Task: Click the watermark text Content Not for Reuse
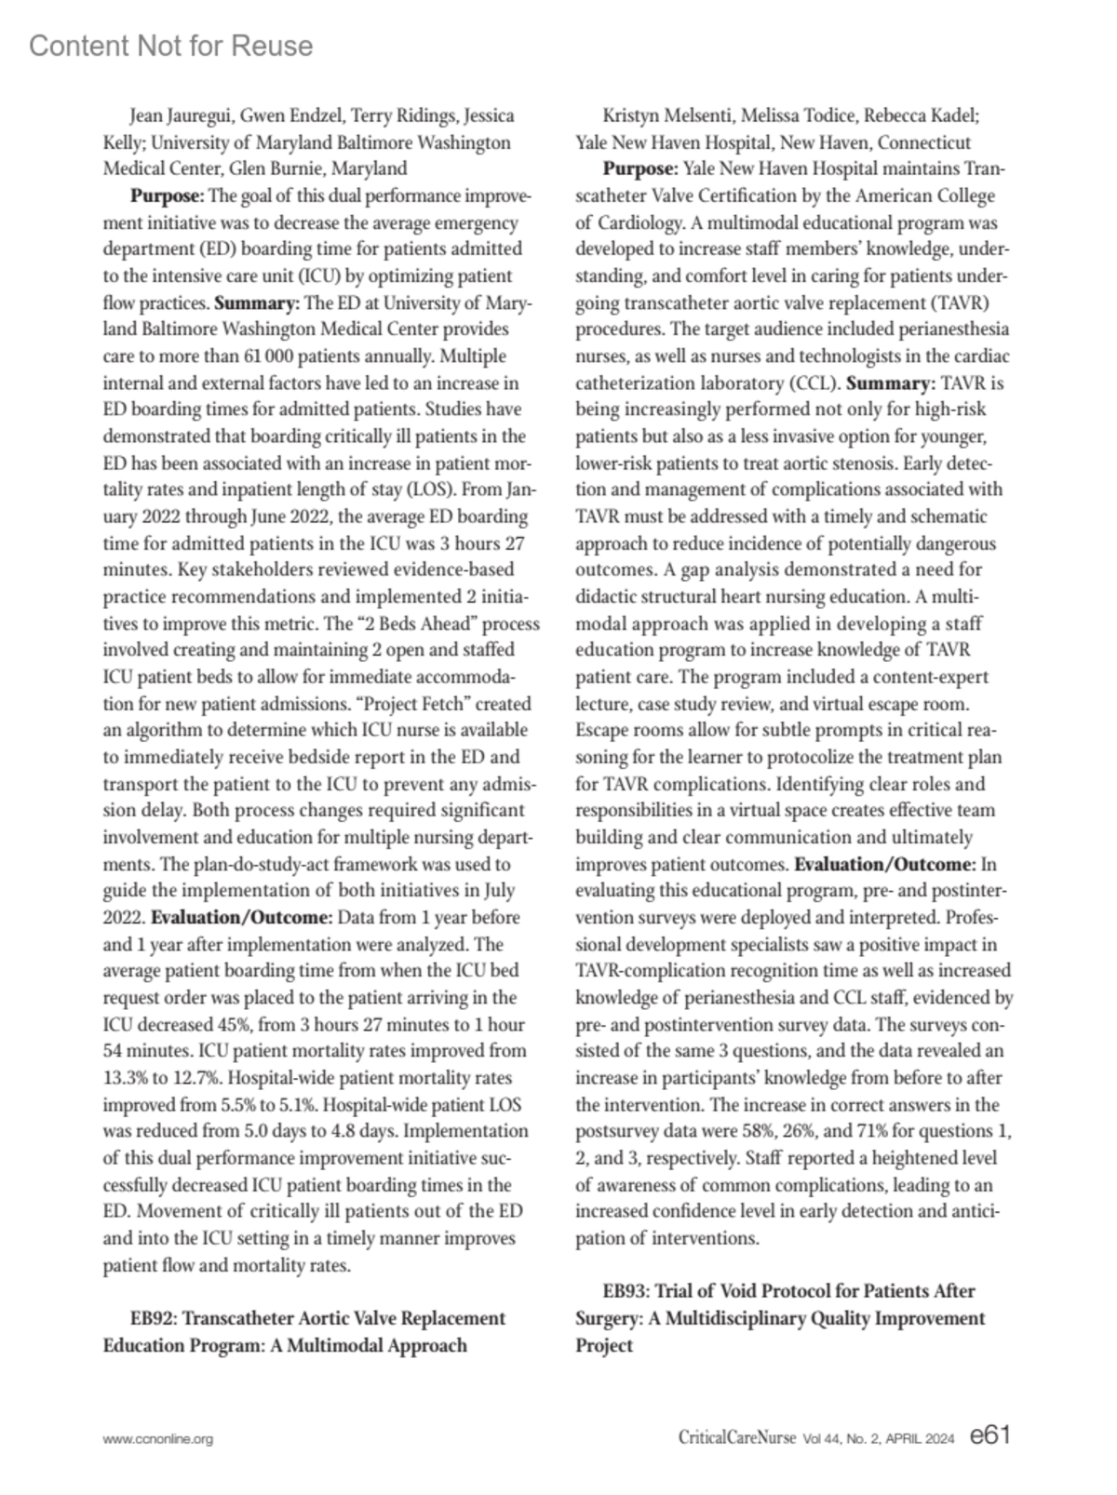[170, 46]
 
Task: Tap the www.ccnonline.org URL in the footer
[157, 1438]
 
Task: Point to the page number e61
[989, 1435]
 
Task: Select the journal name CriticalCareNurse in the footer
[736, 1438]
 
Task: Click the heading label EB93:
[626, 1291]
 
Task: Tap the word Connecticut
[924, 142]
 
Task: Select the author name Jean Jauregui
[181, 116]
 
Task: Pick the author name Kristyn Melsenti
[660, 116]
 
